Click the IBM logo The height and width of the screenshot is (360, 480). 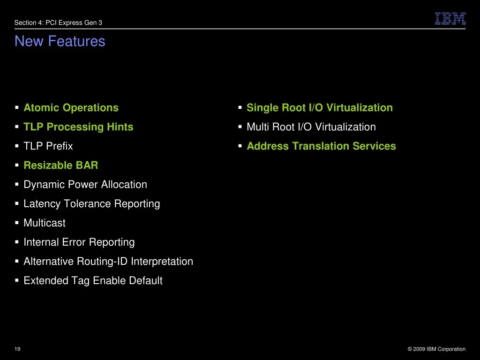pyautogui.click(x=450, y=18)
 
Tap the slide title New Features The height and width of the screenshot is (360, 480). pyautogui.click(x=60, y=41)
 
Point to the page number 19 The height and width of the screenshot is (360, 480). pyautogui.click(x=17, y=349)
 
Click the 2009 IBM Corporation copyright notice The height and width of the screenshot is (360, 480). pyautogui.click(x=436, y=349)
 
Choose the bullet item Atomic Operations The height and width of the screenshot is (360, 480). pyautogui.click(x=71, y=108)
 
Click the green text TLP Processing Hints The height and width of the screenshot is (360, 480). pyautogui.click(x=78, y=127)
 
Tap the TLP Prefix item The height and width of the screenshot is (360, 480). pyautogui.click(x=48, y=146)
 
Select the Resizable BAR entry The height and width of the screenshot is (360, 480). pyautogui.click(x=61, y=165)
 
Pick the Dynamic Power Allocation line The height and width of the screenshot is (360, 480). pyautogui.click(x=85, y=185)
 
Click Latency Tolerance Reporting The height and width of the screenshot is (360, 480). pyautogui.click(x=92, y=204)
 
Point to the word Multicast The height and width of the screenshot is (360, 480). pyautogui.click(x=45, y=223)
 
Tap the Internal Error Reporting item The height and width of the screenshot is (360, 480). pyautogui.click(x=79, y=242)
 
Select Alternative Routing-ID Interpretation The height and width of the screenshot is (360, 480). pyautogui.click(x=108, y=262)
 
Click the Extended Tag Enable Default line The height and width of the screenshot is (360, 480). pyautogui.click(x=93, y=281)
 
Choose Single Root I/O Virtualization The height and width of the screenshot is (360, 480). pyautogui.click(x=320, y=108)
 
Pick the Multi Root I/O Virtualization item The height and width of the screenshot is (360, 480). pyautogui.click(x=311, y=127)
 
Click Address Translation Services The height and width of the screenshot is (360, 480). pyautogui.click(x=322, y=146)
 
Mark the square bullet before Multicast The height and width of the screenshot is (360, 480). pyautogui.click(x=17, y=223)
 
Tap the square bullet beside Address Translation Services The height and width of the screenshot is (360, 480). pyautogui.click(x=240, y=146)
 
